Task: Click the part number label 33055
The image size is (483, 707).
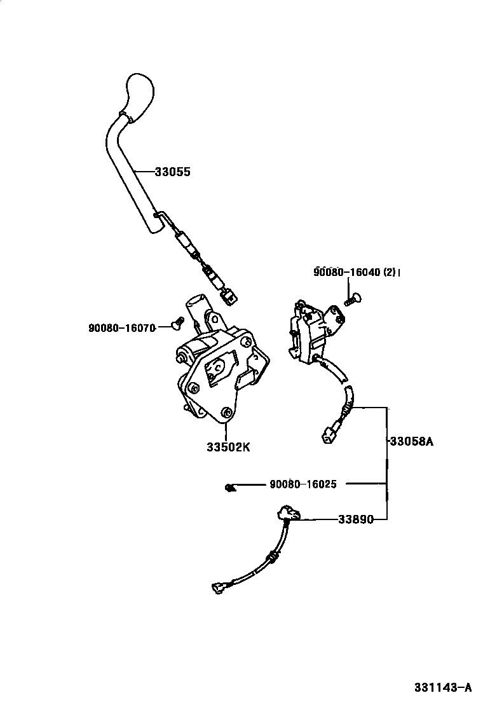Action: [173, 172]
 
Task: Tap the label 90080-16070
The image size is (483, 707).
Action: [123, 328]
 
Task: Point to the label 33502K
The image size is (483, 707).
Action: [228, 447]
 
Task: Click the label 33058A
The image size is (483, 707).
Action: [411, 440]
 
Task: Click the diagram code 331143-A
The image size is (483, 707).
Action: [443, 687]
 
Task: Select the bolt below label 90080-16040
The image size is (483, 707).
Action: [351, 297]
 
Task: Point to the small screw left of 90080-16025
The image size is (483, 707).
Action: [230, 488]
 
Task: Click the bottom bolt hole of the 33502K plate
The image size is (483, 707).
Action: [225, 413]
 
